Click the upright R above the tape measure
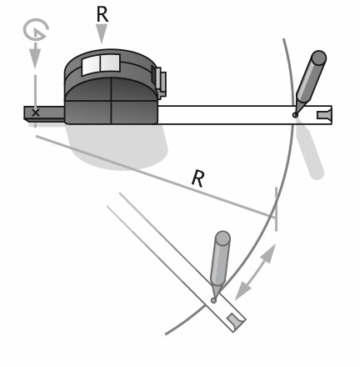point(102,14)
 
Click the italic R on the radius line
point(198,178)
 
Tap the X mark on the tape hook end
point(36,113)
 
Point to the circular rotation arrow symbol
point(36,28)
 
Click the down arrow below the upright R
point(102,33)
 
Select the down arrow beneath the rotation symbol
point(35,55)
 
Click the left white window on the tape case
point(91,66)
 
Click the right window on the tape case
point(110,63)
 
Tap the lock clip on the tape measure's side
point(160,82)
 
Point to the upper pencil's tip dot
point(295,114)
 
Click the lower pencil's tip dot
point(213,300)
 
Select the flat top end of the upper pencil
point(318,58)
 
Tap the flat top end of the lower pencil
point(222,238)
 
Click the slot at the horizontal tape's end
point(323,114)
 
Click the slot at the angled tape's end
point(234,320)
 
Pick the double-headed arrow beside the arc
point(256,272)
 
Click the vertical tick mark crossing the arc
point(276,209)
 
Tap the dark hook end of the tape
point(44,113)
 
